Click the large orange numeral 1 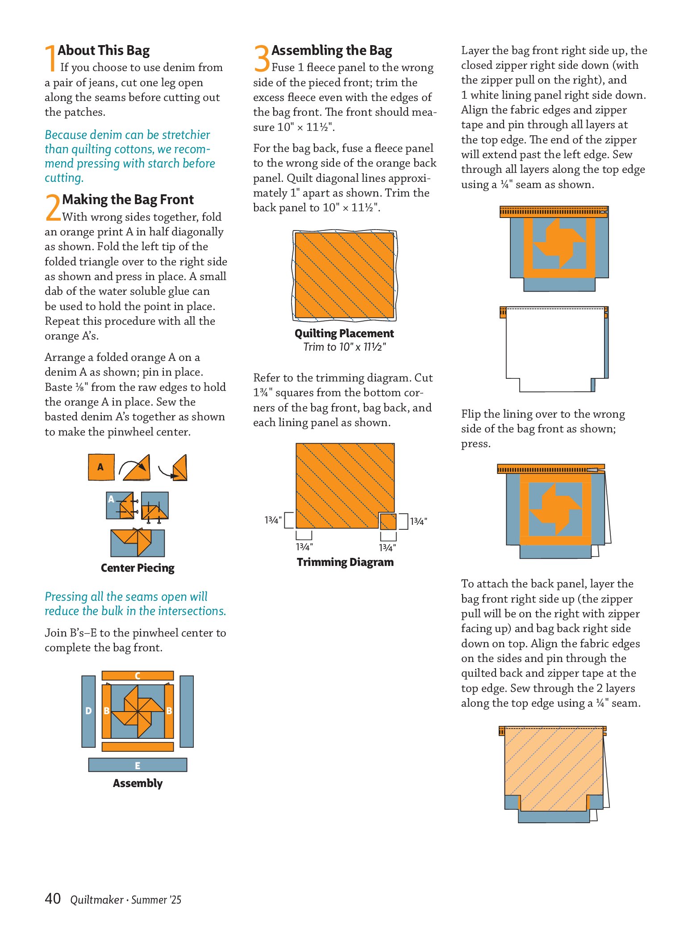click(x=50, y=58)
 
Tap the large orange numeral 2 click(x=53, y=207)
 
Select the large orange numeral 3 click(x=262, y=58)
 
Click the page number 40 click(x=53, y=898)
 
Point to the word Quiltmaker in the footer click(x=96, y=900)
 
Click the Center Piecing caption click(x=138, y=568)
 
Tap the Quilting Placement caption click(x=344, y=333)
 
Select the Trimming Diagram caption click(x=345, y=562)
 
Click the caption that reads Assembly click(x=138, y=783)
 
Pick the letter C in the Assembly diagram click(x=138, y=676)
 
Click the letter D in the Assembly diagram click(x=88, y=711)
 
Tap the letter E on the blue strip click(x=138, y=766)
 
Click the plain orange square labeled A click(x=101, y=467)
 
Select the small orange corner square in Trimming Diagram click(x=388, y=521)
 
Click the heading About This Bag click(x=104, y=50)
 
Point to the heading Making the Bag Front click(x=128, y=199)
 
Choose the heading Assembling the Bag click(x=332, y=50)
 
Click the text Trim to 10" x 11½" click(x=344, y=347)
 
